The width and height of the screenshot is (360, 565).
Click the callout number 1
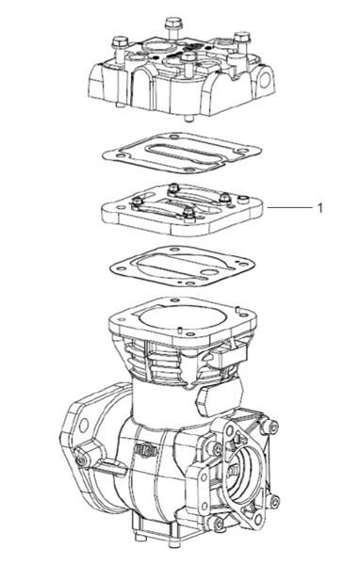tap(319, 208)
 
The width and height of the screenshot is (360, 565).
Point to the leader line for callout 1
tap(289, 207)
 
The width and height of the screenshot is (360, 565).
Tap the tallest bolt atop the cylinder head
tap(173, 28)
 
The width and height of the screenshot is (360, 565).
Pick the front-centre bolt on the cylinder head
tap(188, 64)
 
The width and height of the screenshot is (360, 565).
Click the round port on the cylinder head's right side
tap(265, 80)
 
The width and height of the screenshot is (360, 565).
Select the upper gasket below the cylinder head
tap(182, 153)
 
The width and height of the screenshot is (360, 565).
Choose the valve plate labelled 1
tap(183, 210)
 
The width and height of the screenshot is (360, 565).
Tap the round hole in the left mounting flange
tap(84, 426)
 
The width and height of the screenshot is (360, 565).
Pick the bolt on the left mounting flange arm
tap(80, 460)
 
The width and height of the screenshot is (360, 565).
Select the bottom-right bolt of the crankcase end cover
tap(275, 501)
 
